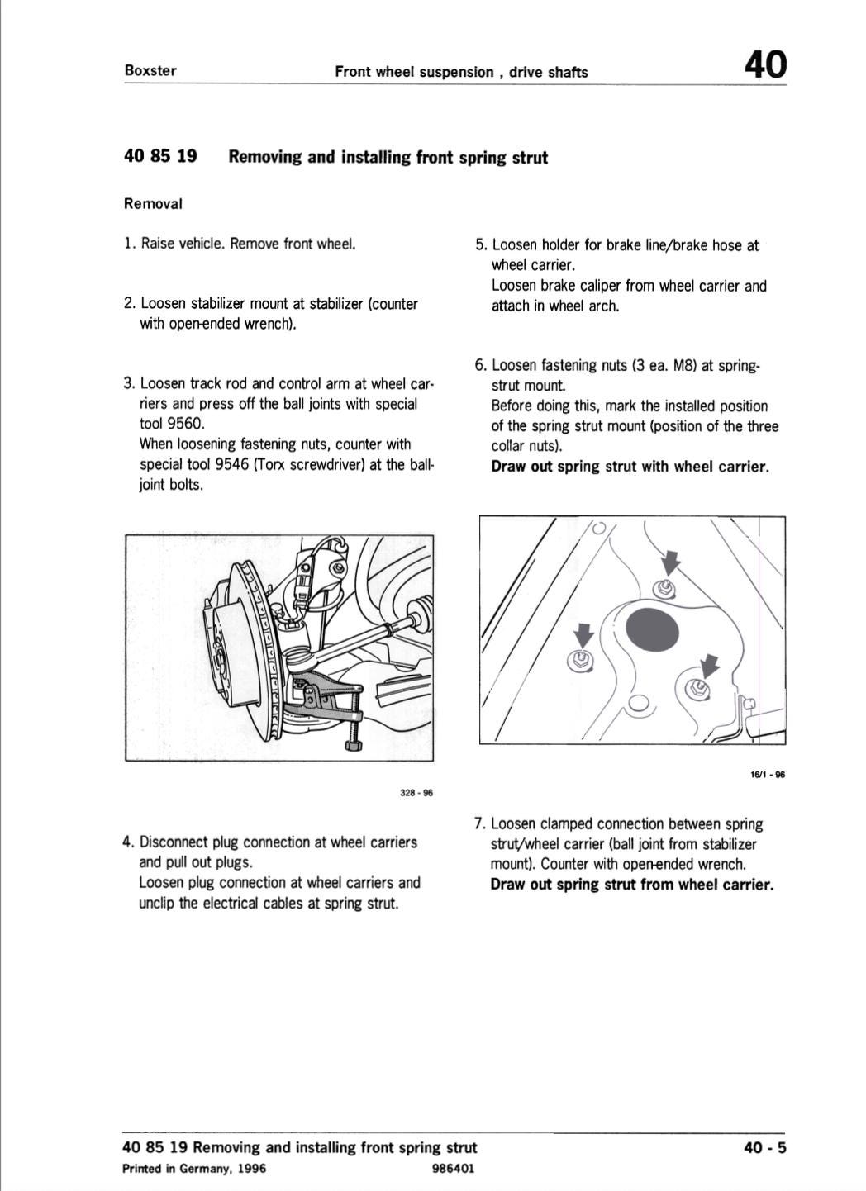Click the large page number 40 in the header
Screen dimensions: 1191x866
(765, 64)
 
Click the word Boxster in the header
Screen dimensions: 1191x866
(150, 70)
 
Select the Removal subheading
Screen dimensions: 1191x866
(153, 203)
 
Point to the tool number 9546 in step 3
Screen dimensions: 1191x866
(231, 464)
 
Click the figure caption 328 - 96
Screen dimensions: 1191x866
(416, 793)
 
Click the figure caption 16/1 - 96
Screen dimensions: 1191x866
(767, 775)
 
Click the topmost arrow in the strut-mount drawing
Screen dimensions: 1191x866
(671, 562)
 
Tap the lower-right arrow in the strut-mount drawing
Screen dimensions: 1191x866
(709, 665)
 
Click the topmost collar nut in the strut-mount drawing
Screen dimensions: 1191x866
(662, 589)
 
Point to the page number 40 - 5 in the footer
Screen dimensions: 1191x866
(764, 1147)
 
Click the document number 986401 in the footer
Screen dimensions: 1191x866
(453, 1169)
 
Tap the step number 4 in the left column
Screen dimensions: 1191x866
(127, 842)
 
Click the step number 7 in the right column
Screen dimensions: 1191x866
(479, 823)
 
